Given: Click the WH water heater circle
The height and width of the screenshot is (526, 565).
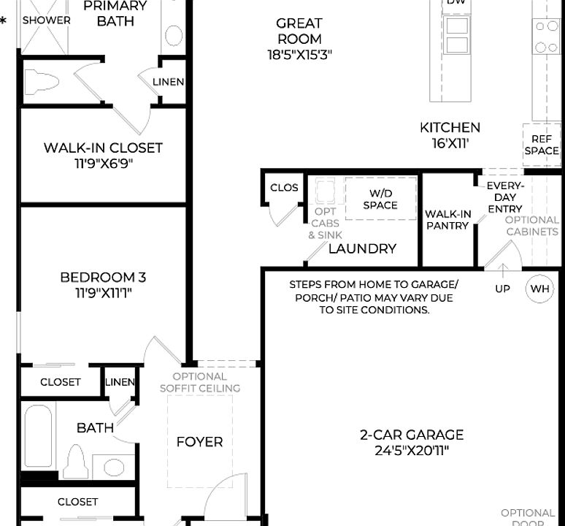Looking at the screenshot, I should tap(540, 289).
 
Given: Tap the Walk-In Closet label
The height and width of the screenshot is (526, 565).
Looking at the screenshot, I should tap(103, 148).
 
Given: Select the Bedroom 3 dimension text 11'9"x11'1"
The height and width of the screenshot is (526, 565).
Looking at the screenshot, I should tap(103, 293).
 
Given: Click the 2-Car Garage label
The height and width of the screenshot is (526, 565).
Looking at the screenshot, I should tap(412, 435).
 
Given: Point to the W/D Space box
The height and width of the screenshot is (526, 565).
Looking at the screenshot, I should tap(380, 199).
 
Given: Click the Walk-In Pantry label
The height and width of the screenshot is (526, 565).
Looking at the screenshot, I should tap(447, 220).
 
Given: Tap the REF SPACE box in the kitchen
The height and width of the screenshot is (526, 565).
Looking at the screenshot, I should tap(541, 145).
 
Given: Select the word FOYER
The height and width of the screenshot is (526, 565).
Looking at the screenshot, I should tap(200, 442).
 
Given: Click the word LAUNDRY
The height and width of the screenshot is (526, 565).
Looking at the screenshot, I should tap(362, 248).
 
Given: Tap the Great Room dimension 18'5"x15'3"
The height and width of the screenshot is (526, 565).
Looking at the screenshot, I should tap(299, 54).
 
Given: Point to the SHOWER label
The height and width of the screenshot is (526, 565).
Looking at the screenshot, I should tap(46, 20).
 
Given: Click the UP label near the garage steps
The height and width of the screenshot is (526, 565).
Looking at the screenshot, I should tap(503, 289).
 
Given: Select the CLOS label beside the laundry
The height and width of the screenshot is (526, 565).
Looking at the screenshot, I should tap(284, 188).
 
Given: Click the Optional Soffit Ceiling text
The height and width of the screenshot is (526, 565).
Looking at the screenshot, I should tap(200, 382).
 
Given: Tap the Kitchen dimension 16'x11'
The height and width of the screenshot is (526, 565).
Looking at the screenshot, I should tap(450, 143).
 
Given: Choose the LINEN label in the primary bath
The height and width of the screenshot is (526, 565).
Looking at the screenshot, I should tap(169, 82).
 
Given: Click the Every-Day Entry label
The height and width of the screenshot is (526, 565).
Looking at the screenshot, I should tap(505, 197).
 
